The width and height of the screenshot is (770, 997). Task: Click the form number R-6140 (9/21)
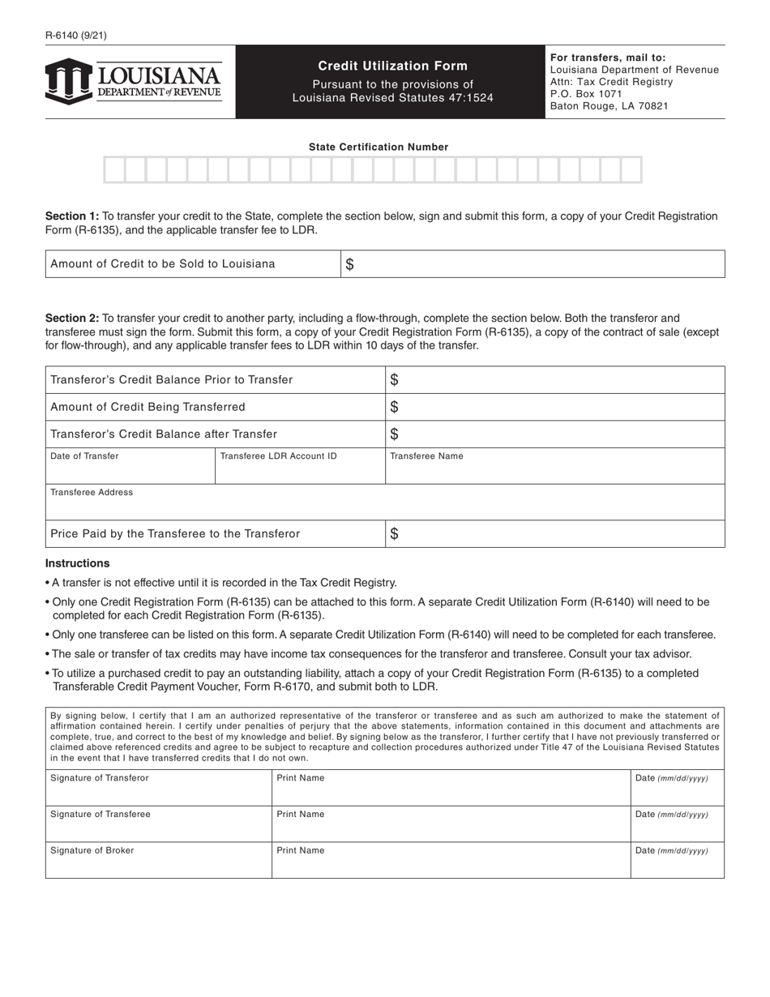[x=76, y=35]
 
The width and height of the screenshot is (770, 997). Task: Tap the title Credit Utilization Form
[x=392, y=66]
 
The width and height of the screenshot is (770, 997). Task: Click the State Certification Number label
[x=378, y=147]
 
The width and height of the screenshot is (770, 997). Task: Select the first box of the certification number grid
[x=114, y=170]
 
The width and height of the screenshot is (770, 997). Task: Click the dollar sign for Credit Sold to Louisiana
[x=349, y=264]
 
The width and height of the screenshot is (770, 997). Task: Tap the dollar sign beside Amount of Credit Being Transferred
[x=394, y=407]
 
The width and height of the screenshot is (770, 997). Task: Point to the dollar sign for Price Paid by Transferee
[x=394, y=533]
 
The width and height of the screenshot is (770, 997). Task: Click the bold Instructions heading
[x=78, y=563]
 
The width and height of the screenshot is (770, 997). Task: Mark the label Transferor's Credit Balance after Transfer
[x=164, y=434]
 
